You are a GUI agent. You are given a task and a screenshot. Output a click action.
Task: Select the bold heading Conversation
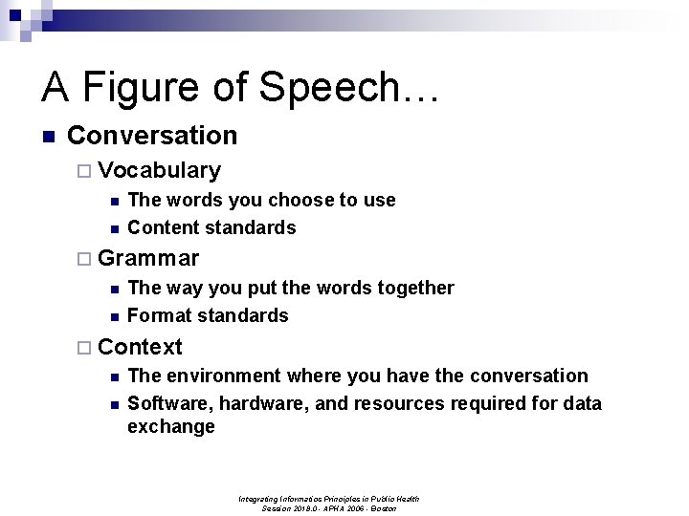152,136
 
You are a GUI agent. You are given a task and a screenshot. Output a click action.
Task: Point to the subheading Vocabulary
159,171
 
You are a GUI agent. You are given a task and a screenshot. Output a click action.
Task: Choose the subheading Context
140,346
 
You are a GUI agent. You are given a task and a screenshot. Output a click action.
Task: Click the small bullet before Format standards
113,316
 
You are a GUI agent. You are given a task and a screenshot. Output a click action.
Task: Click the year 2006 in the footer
354,508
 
